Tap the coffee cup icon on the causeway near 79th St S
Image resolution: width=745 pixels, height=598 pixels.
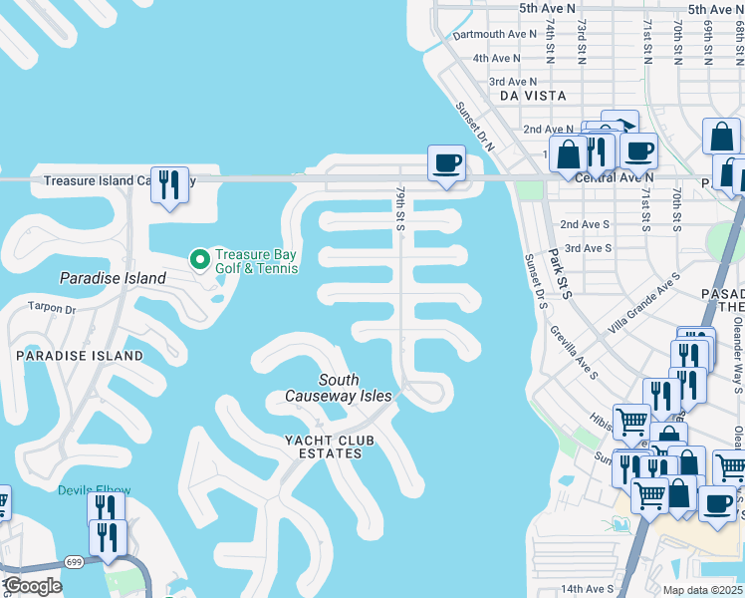click(446, 162)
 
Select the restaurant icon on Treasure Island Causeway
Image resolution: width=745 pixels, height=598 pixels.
click(169, 184)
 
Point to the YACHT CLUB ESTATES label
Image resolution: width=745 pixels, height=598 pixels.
click(323, 447)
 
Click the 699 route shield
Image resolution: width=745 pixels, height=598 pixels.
click(76, 562)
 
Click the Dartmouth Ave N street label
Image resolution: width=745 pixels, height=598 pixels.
click(494, 34)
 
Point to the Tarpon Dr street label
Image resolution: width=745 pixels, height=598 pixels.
click(52, 309)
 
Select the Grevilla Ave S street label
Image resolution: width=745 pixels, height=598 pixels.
click(572, 355)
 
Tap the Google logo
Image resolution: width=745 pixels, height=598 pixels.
click(33, 586)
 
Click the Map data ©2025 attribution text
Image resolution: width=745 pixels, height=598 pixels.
click(702, 590)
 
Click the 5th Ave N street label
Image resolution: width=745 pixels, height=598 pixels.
click(547, 8)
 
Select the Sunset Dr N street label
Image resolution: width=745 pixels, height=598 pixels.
click(475, 127)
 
